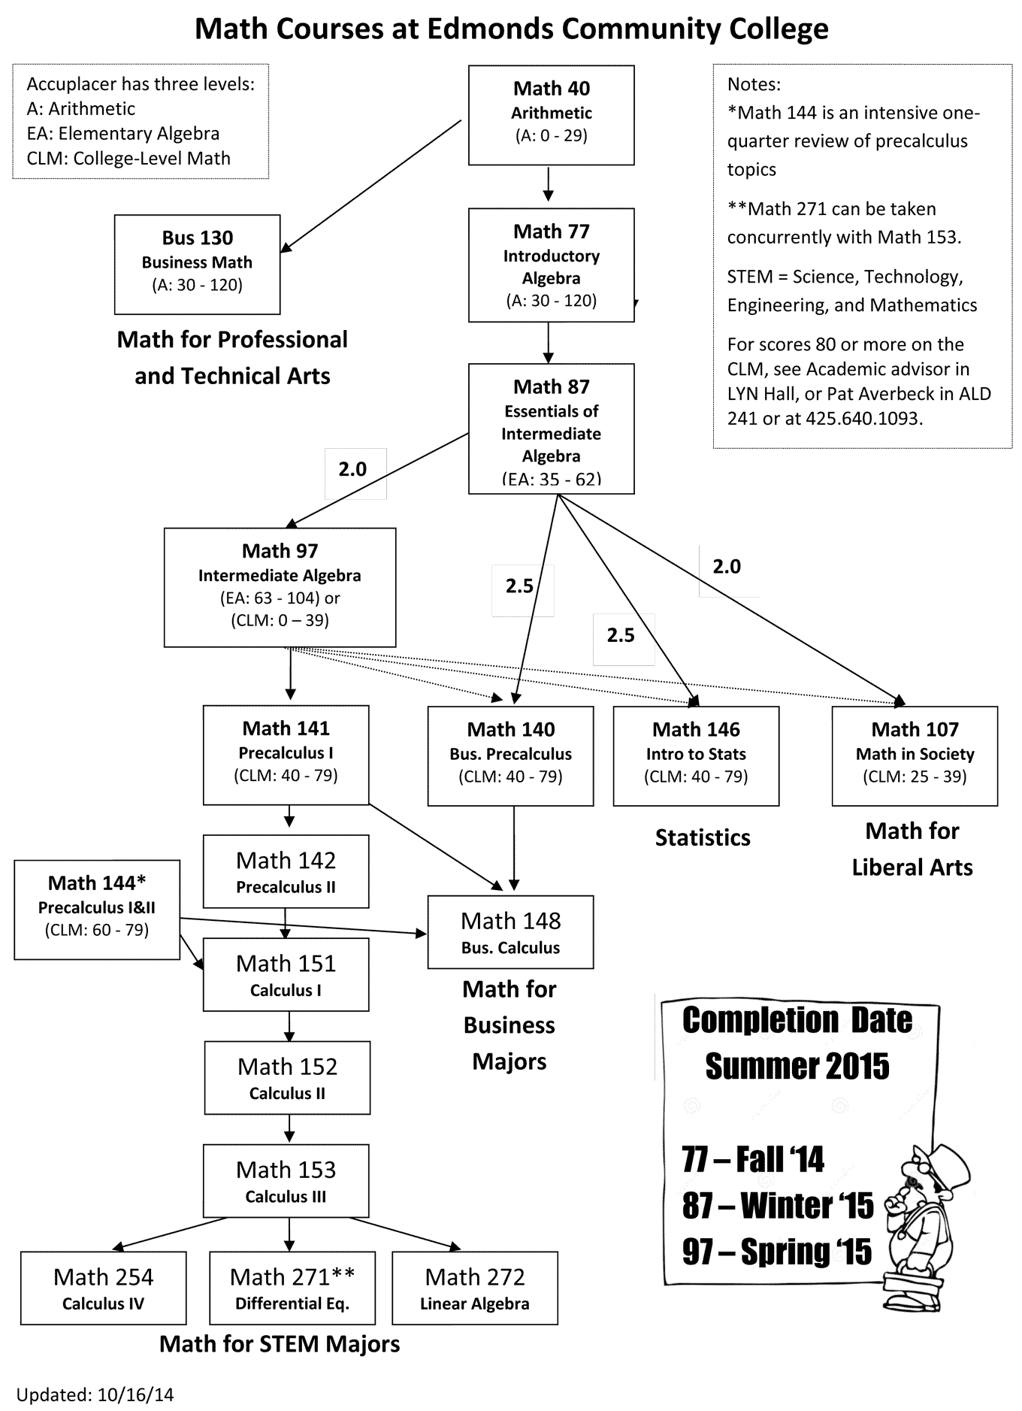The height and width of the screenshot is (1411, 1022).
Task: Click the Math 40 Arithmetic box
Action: [x=551, y=115]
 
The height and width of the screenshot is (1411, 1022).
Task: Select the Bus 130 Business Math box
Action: [x=197, y=265]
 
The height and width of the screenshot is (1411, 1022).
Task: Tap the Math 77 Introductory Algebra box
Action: [x=551, y=265]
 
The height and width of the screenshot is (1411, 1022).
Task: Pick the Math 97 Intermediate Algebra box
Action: [x=280, y=587]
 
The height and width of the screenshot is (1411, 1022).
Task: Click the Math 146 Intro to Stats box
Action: [x=696, y=756]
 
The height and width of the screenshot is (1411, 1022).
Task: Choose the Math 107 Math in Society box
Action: [x=915, y=756]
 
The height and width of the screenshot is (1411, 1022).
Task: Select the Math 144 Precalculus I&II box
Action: [x=97, y=910]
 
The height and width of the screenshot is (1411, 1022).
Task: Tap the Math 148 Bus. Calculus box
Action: [x=510, y=932]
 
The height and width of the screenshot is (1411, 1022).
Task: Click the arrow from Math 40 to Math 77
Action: [x=549, y=183]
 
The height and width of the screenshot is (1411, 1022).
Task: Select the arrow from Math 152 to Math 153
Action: [x=289, y=1129]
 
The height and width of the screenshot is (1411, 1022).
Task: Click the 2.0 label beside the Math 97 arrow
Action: [x=352, y=469]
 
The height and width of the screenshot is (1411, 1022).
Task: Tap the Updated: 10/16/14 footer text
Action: [x=95, y=1394]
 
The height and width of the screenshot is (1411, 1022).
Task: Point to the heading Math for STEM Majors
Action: [x=280, y=1344]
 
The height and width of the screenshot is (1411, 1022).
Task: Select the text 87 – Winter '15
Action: [x=778, y=1206]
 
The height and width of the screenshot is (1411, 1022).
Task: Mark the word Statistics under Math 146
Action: [x=703, y=837]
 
